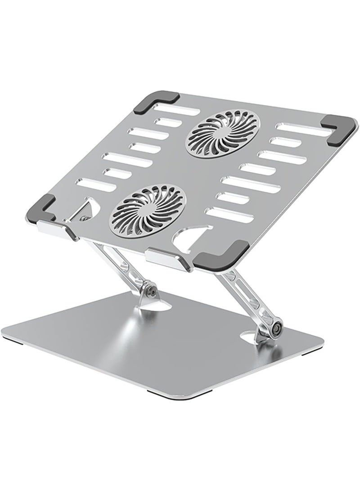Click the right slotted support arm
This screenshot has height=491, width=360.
(243, 297)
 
